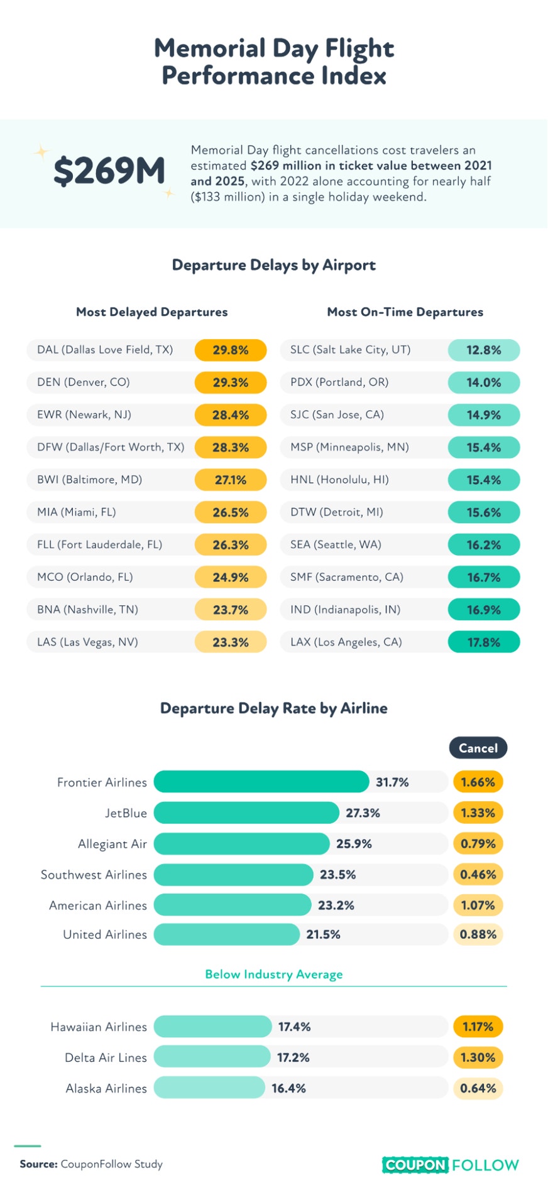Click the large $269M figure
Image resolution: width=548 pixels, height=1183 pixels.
pos(109,171)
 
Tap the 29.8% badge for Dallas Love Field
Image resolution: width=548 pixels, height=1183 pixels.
pos(231,350)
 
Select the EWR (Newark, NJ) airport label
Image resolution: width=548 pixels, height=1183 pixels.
pos(84,415)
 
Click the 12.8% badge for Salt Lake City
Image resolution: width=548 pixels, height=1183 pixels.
pos(484,350)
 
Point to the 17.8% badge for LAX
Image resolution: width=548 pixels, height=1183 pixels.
pos(484,642)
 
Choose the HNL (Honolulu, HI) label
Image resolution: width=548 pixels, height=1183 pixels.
pos(339,480)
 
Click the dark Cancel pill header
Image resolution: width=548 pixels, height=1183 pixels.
pos(478,748)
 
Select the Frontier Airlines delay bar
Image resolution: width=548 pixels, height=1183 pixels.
pos(261,782)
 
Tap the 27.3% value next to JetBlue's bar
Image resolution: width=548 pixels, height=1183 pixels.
pos(363,813)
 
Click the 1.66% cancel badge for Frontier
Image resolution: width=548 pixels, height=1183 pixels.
pos(478,782)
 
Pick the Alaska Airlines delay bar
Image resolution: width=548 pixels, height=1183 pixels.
pos(209,1088)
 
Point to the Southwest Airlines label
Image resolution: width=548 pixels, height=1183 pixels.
pos(94,875)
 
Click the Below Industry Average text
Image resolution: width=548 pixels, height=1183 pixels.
pos(274,975)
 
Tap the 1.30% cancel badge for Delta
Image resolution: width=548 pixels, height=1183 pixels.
pos(478,1057)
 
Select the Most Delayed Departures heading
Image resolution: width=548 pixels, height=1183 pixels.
pos(152,312)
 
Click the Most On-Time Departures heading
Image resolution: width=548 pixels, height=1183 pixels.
pos(405,312)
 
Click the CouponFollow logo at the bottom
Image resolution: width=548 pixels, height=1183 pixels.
pos(451,1165)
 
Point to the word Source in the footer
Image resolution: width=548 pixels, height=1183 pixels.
pos(39,1164)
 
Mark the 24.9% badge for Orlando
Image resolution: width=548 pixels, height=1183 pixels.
pos(231,577)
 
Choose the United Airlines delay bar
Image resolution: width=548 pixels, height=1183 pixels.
pos(227,934)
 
